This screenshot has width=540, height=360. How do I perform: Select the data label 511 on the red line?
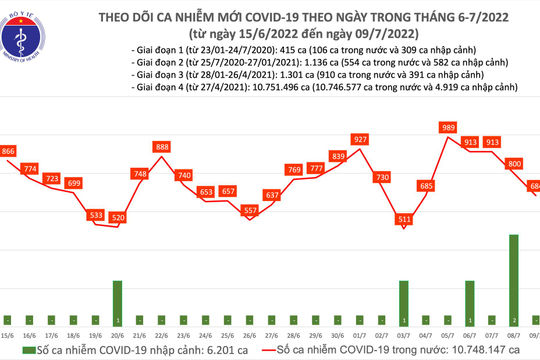coord(404,218)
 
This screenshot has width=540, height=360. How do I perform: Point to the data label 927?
coord(360,139)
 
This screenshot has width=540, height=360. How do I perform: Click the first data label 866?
coord(9,150)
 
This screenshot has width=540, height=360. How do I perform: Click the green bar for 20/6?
coord(117,297)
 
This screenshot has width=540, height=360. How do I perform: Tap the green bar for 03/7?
coord(403,297)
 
